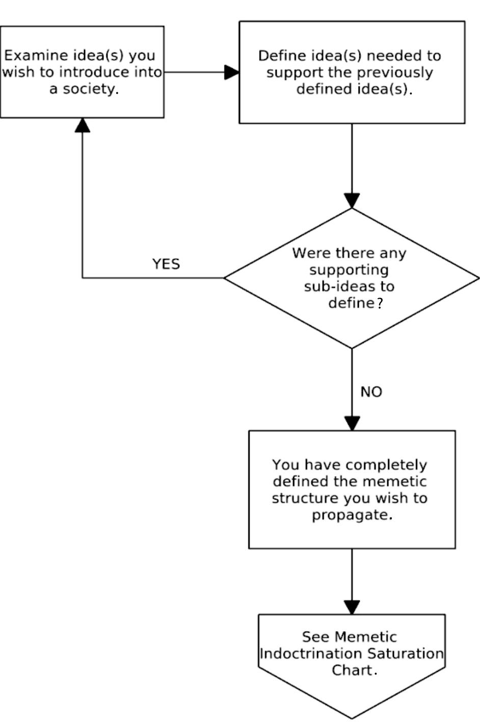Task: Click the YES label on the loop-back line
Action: [x=166, y=264]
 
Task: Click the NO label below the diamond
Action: [x=371, y=392]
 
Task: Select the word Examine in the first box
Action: [x=29, y=55]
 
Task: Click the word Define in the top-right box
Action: [x=279, y=56]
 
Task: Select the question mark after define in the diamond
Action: [x=379, y=303]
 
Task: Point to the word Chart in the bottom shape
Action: [x=352, y=670]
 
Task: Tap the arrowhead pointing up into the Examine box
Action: [x=83, y=125]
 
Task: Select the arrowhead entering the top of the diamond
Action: [x=352, y=201]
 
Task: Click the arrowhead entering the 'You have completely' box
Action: [x=352, y=424]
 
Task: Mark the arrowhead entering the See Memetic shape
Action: [x=352, y=607]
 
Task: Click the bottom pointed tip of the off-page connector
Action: [x=352, y=718]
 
